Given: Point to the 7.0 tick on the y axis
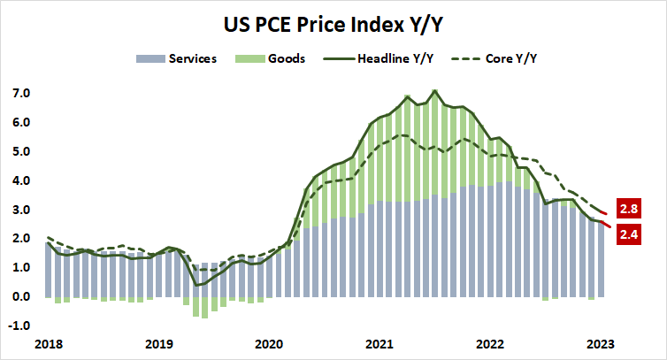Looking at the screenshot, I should (20, 94).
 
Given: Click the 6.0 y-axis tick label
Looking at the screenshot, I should (20, 123).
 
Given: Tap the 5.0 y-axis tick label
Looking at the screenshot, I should (20, 152).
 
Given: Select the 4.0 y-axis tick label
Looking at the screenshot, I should (20, 181).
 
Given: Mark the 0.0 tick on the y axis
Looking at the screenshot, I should (20, 297).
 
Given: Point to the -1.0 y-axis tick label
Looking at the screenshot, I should (19, 326).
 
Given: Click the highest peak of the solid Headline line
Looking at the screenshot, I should (434, 90).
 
